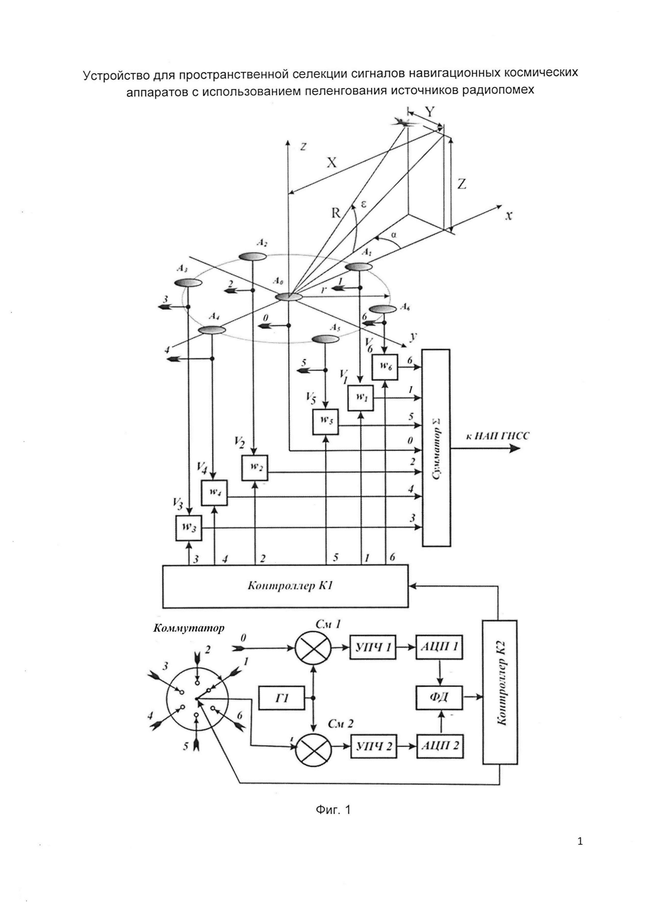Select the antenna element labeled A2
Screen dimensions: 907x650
(252, 256)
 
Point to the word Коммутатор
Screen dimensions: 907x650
(189, 628)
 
